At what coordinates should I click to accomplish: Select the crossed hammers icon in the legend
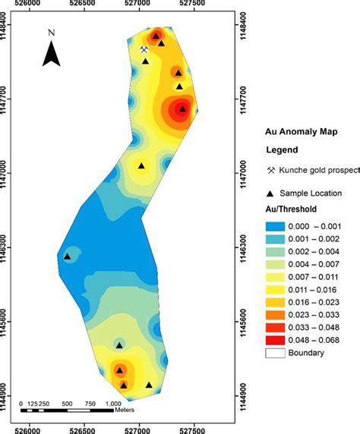[272, 170]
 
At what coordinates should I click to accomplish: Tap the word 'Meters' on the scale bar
[125, 410]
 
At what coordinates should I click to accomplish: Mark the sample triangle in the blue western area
[67, 256]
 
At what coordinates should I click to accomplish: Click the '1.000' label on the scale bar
[112, 404]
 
